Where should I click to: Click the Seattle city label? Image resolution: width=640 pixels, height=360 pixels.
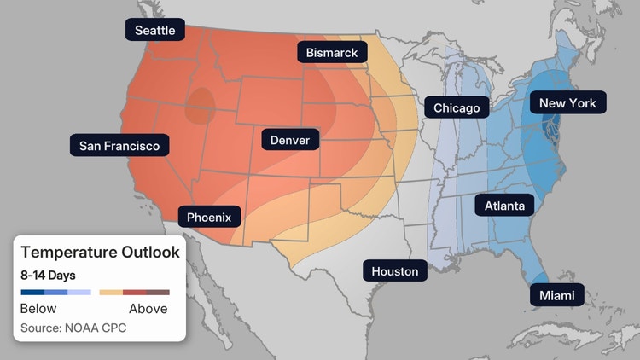click(x=155, y=30)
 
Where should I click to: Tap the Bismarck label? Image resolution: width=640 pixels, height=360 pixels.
click(x=332, y=53)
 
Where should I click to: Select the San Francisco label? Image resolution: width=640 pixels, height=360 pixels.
click(x=119, y=146)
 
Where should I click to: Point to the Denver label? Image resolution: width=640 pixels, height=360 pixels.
click(x=289, y=140)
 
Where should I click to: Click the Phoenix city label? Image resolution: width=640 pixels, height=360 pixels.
click(x=209, y=217)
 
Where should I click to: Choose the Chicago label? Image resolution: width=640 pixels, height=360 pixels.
click(x=457, y=107)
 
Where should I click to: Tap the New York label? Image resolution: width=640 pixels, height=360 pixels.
click(x=567, y=103)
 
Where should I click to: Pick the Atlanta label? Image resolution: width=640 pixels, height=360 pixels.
click(x=504, y=206)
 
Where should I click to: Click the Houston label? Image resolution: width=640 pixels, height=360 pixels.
click(x=395, y=271)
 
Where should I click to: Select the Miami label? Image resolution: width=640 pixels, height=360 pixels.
click(x=556, y=295)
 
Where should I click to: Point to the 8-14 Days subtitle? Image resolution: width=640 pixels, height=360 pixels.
click(x=48, y=275)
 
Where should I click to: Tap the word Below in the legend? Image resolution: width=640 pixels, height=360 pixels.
click(x=38, y=309)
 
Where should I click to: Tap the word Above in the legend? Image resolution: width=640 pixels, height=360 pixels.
click(x=148, y=309)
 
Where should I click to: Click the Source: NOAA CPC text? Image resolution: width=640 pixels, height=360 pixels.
click(x=73, y=328)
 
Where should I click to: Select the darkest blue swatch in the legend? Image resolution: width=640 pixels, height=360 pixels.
click(x=32, y=293)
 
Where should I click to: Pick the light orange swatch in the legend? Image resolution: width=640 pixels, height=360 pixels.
click(x=111, y=293)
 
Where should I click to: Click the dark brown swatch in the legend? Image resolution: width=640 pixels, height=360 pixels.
click(x=158, y=293)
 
